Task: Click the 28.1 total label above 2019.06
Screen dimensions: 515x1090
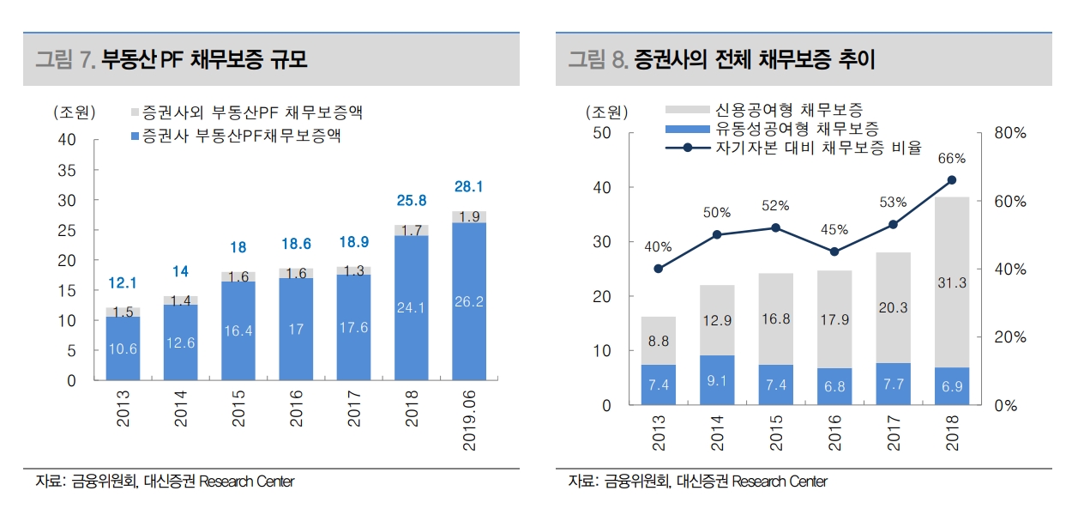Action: click(469, 186)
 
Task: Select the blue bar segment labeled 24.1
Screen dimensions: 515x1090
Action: click(411, 306)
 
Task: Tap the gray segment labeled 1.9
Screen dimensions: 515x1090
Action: click(469, 216)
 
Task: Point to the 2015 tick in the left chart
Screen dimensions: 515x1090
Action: click(238, 411)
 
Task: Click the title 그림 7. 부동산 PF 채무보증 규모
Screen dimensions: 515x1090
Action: click(172, 60)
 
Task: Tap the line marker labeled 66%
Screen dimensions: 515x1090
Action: click(951, 180)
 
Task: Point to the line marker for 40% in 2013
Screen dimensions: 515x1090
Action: click(658, 269)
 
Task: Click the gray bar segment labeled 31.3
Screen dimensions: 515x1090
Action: click(951, 282)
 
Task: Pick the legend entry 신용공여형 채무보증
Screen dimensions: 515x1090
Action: click(788, 110)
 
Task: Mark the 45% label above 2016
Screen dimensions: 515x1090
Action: click(834, 230)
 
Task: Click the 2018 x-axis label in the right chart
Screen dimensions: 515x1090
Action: click(951, 428)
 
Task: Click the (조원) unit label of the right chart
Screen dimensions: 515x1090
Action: click(606, 112)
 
